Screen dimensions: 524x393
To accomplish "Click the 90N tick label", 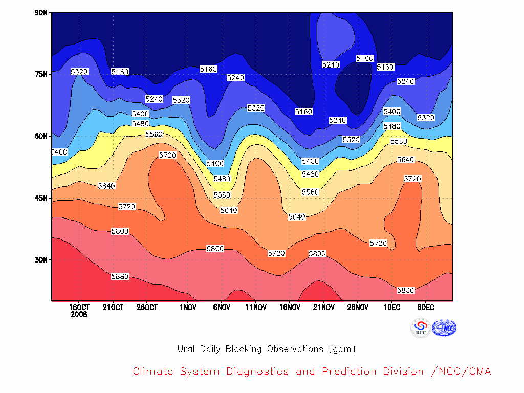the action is [x=41, y=13].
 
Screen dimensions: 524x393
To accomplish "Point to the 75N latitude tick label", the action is [x=41, y=74].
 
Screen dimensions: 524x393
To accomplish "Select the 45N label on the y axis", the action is [x=41, y=198].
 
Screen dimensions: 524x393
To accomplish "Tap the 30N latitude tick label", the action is [x=41, y=260].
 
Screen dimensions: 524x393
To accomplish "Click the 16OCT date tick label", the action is [x=79, y=307].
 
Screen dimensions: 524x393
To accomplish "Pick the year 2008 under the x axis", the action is [x=79, y=315].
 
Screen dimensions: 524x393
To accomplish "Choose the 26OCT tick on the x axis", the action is [x=147, y=307].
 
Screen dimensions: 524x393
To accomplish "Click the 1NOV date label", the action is [x=188, y=307].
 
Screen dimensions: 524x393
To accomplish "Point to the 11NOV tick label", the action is [x=256, y=307].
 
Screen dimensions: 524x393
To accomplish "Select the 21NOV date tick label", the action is [x=324, y=307].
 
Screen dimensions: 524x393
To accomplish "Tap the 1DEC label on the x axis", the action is [x=392, y=307].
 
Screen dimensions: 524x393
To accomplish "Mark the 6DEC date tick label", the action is [x=426, y=307].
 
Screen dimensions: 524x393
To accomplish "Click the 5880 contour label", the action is [x=120, y=276].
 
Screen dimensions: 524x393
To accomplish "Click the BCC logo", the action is [x=421, y=328].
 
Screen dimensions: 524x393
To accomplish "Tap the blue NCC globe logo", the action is [x=444, y=328].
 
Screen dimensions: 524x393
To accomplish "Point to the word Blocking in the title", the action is [x=243, y=349].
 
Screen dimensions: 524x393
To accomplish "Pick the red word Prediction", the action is [x=349, y=372].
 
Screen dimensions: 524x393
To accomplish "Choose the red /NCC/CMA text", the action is [x=461, y=372].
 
